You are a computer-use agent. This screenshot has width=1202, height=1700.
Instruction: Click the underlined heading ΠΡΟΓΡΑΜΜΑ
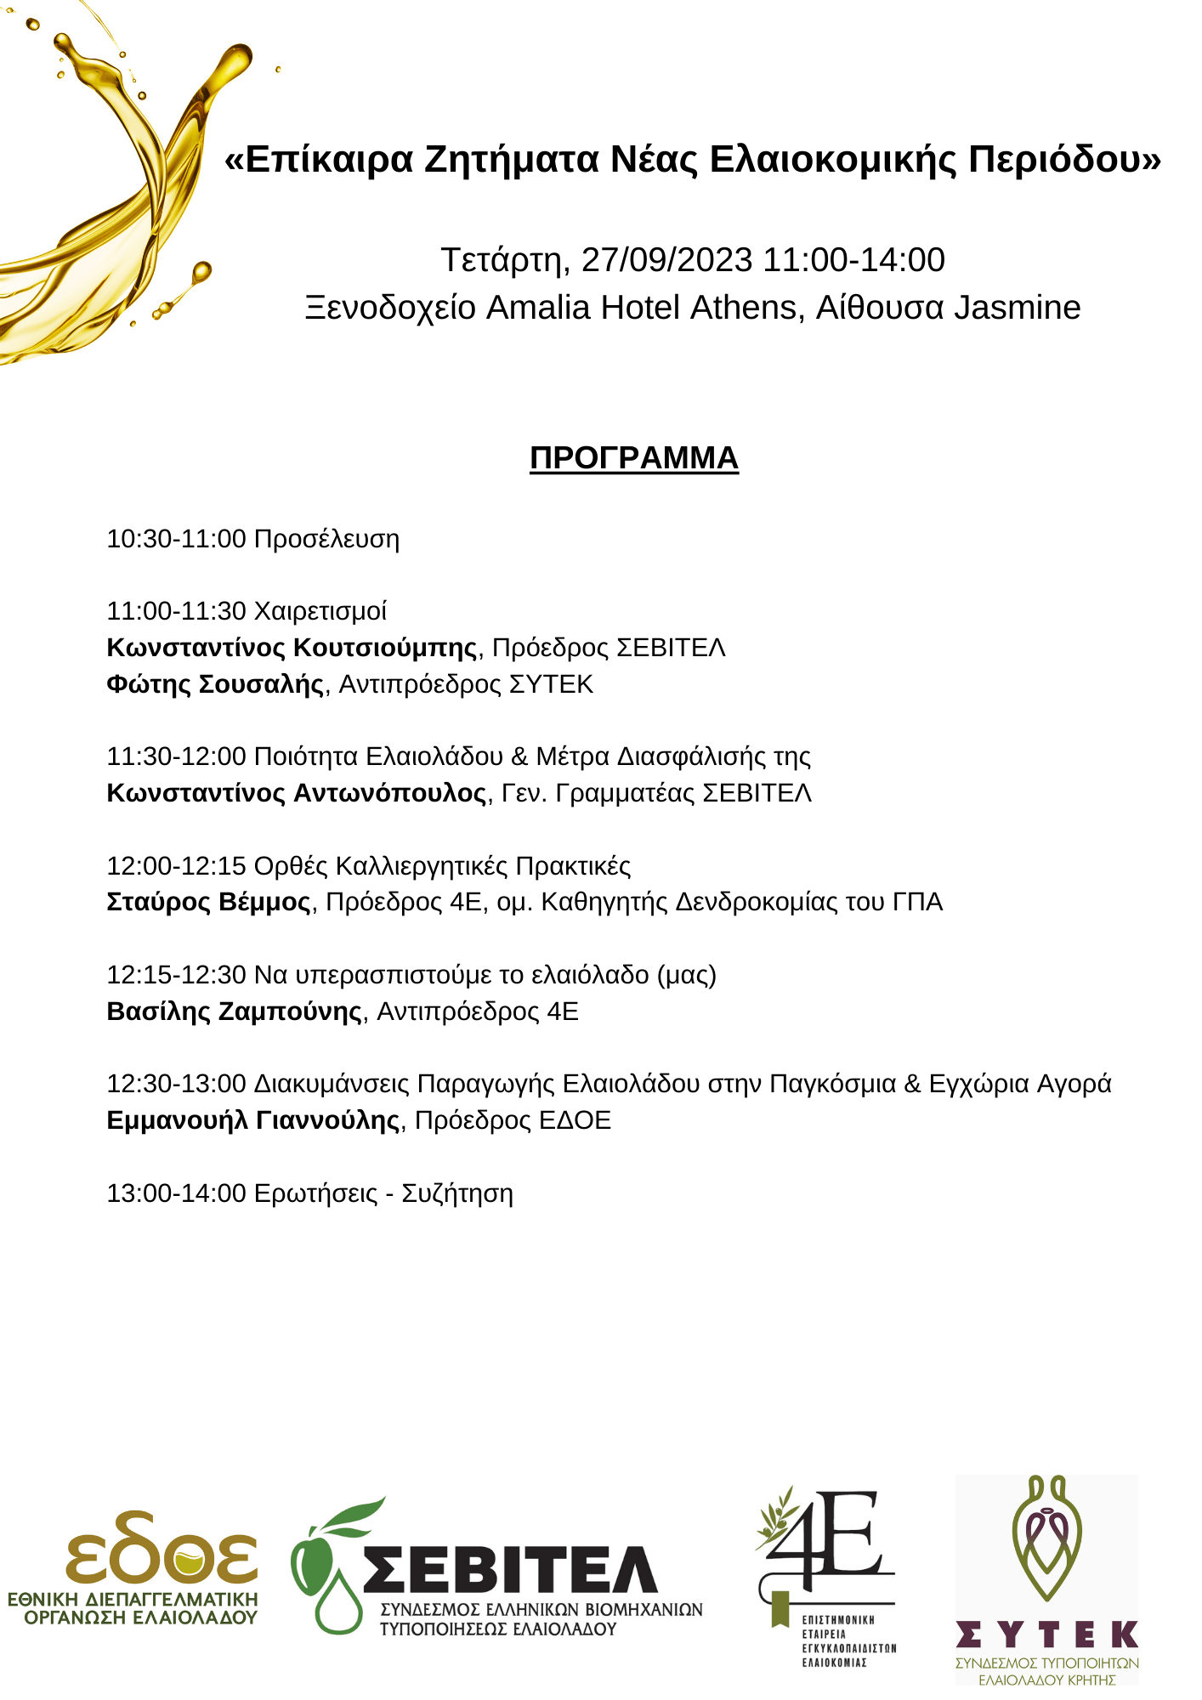tap(633, 458)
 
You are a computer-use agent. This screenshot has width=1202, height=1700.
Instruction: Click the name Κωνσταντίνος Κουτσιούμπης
tap(292, 648)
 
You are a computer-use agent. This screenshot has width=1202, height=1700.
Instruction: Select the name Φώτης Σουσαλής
tap(215, 684)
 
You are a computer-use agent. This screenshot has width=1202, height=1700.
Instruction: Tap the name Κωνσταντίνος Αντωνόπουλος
tap(297, 793)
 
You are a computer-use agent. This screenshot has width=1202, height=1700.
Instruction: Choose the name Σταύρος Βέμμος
tap(209, 902)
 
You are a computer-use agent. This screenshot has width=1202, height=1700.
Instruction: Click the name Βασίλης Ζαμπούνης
tap(235, 1011)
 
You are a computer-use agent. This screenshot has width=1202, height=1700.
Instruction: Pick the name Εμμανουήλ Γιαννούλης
tap(253, 1120)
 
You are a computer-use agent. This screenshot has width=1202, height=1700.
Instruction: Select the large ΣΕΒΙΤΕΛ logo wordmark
tap(510, 1569)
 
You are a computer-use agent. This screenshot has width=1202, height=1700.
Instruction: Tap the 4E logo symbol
tap(829, 1540)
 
